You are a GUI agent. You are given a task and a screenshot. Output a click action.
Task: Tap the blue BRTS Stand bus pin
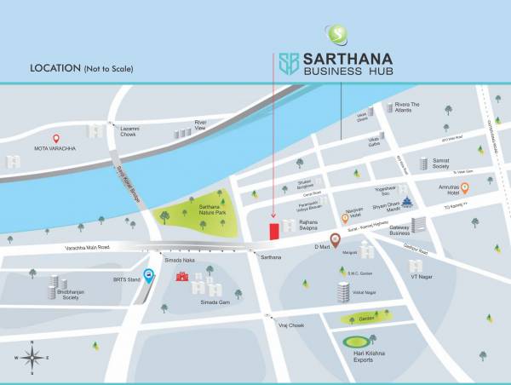(149, 276)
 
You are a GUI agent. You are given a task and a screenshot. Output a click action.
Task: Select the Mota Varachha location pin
(57, 139)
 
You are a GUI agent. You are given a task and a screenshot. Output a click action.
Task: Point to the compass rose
(32, 356)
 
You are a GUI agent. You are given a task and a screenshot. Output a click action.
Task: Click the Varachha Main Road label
(87, 248)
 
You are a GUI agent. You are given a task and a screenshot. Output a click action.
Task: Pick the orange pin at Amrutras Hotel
(464, 188)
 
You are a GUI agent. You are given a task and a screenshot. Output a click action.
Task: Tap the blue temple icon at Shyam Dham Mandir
(407, 203)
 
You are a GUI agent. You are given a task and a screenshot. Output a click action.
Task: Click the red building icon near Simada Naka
(181, 275)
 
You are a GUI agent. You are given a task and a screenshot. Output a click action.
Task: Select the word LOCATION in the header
(55, 68)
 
